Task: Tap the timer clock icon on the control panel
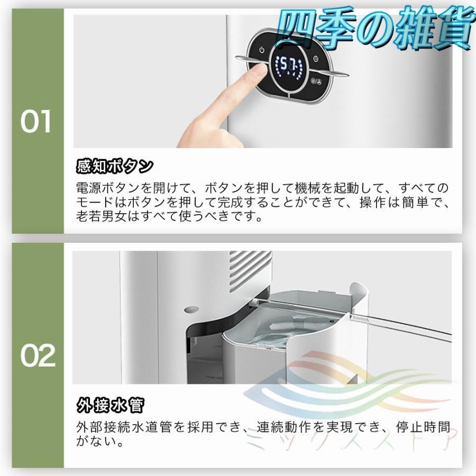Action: (315, 59)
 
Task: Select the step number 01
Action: (36, 123)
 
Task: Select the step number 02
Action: (38, 357)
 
